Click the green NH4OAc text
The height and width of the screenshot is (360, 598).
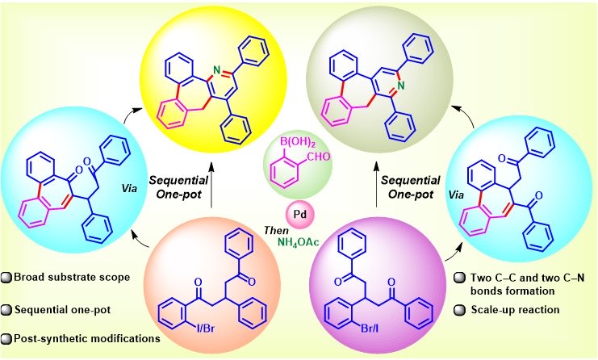(298, 242)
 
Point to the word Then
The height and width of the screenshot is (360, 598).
(276, 230)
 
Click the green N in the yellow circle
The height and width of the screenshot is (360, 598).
(216, 70)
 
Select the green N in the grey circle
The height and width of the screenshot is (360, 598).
(400, 86)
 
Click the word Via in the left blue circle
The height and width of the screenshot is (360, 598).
(130, 188)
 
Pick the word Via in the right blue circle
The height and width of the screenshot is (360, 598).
(457, 195)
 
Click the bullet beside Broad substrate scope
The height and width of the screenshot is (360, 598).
(6, 278)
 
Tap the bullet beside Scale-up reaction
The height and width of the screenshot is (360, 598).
(459, 310)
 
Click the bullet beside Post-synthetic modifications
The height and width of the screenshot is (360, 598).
(6, 339)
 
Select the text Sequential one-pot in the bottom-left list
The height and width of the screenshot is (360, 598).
(63, 310)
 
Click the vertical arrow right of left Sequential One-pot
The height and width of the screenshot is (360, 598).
(212, 186)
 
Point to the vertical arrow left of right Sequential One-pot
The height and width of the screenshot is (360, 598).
(376, 186)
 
